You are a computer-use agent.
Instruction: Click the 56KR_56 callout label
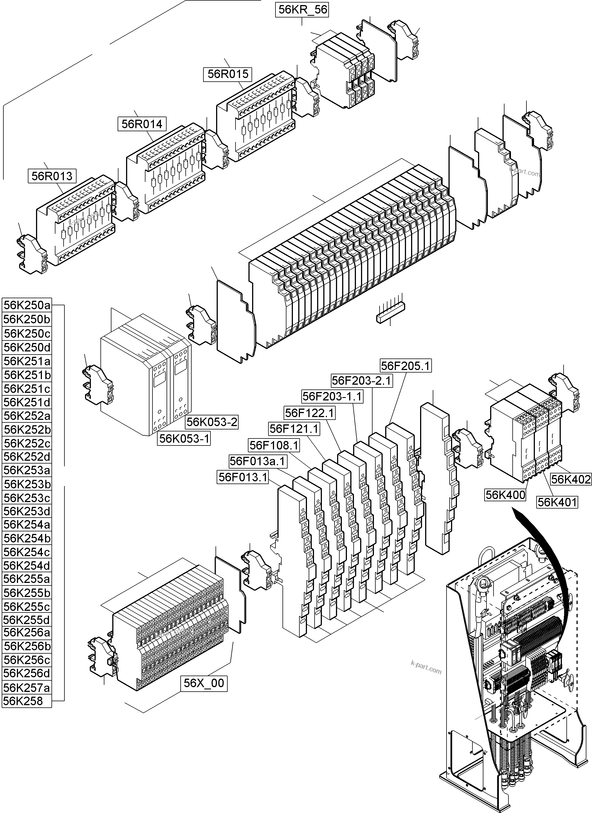[302, 10]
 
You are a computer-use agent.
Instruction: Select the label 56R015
[228, 74]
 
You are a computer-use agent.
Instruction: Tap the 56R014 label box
[142, 124]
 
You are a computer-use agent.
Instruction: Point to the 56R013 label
[52, 176]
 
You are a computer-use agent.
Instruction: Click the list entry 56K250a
[27, 305]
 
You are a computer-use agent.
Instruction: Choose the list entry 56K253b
[27, 484]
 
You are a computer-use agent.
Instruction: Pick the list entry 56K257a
[27, 687]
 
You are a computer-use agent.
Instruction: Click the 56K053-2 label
[212, 422]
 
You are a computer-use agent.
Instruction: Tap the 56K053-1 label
[184, 438]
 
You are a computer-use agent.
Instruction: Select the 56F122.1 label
[310, 413]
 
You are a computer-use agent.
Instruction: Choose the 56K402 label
[571, 480]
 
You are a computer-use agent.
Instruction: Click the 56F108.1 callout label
[274, 446]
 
